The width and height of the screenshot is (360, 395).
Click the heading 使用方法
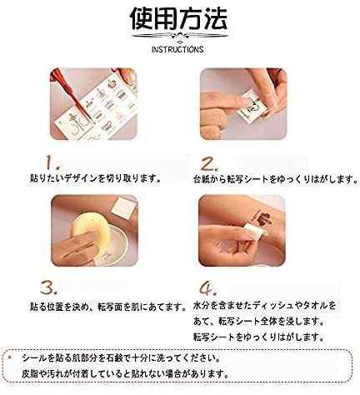[178, 18]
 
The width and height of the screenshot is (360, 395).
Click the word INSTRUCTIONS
[177, 49]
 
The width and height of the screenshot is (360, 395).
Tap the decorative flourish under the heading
[180, 36]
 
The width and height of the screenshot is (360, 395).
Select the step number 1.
[52, 162]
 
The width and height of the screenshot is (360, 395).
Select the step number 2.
[209, 164]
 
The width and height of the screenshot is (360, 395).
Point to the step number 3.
[49, 287]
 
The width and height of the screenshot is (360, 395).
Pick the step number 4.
[208, 288]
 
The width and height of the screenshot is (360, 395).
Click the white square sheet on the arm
[123, 208]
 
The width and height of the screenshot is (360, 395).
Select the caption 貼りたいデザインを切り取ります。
[96, 178]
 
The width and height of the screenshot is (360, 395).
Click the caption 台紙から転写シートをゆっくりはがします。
[276, 179]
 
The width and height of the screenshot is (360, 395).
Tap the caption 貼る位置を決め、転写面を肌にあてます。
[107, 307]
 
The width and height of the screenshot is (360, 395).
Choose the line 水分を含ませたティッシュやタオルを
[265, 306]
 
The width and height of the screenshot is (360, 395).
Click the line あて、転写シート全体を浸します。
[259, 322]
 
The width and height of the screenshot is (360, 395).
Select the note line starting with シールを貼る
[121, 358]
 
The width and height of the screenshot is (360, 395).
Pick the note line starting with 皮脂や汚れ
[125, 373]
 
